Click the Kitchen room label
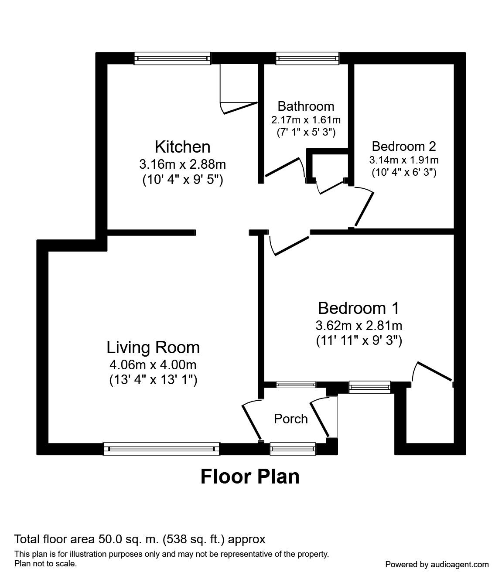pos(183,147)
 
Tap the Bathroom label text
pos(306,106)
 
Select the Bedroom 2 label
pos(403,146)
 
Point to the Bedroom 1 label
pos(359,308)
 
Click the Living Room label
pos(153,347)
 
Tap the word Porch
pos(290,419)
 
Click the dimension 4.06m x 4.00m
pos(153,364)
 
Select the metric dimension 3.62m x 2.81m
pos(359,325)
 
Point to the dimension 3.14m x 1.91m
pos(403,160)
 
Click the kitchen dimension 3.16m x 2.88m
pos(183,164)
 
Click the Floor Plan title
pos(250,477)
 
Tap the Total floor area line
pos(140,539)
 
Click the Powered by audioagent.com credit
pos(437,564)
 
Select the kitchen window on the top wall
pos(172,58)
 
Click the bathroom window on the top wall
pos(307,58)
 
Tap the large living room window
pos(161,449)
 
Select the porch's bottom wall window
pos(292,449)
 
